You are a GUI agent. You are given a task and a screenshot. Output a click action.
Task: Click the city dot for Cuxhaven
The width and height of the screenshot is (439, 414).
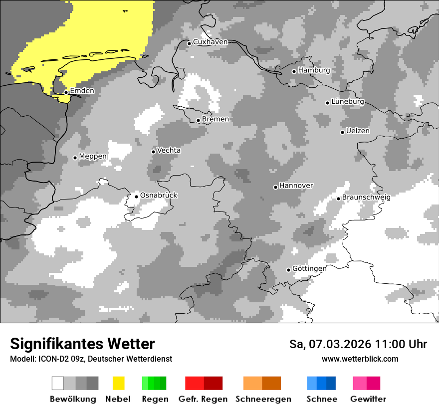pyautogui.click(x=189, y=43)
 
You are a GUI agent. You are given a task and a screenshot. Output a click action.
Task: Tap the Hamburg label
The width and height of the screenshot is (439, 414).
pyautogui.click(x=314, y=70)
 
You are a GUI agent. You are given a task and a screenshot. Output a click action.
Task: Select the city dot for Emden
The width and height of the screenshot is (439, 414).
pyautogui.click(x=66, y=92)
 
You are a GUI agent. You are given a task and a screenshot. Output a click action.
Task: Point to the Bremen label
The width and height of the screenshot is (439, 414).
pyautogui.click(x=216, y=119)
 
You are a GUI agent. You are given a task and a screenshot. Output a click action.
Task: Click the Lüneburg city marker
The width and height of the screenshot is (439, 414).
pyautogui.click(x=327, y=103)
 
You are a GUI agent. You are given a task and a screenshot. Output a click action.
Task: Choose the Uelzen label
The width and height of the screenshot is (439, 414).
pyautogui.click(x=358, y=131)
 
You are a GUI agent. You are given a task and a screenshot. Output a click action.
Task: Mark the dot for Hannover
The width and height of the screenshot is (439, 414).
pyautogui.click(x=275, y=187)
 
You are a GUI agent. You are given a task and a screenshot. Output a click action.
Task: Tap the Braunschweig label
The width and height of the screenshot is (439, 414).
pyautogui.click(x=366, y=197)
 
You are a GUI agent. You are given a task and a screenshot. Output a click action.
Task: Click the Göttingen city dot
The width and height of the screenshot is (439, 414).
pyautogui.click(x=288, y=270)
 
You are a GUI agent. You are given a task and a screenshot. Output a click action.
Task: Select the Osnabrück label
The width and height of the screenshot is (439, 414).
pyautogui.click(x=159, y=195)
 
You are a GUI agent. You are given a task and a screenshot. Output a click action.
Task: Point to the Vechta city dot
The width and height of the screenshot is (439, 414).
pyautogui.click(x=153, y=152)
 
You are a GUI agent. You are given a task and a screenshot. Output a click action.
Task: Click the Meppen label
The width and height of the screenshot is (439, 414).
pyautogui.click(x=93, y=156)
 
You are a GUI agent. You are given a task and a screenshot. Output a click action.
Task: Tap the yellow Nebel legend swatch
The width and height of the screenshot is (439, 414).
pyautogui.click(x=118, y=383)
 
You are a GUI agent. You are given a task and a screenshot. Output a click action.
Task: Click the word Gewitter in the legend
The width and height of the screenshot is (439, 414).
pyautogui.click(x=368, y=399)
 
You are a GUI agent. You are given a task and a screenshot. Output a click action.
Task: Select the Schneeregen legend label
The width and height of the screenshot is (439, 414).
pyautogui.click(x=263, y=399)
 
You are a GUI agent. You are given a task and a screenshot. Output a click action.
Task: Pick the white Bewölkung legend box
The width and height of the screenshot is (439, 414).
pyautogui.click(x=57, y=383)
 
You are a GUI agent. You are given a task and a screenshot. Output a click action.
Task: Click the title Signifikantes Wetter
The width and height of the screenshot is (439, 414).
pyautogui.click(x=82, y=344)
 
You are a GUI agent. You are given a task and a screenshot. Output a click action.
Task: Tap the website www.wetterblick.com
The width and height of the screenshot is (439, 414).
pyautogui.click(x=360, y=359)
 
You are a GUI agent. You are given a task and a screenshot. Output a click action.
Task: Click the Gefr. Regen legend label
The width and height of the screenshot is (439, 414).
pyautogui.click(x=203, y=399)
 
